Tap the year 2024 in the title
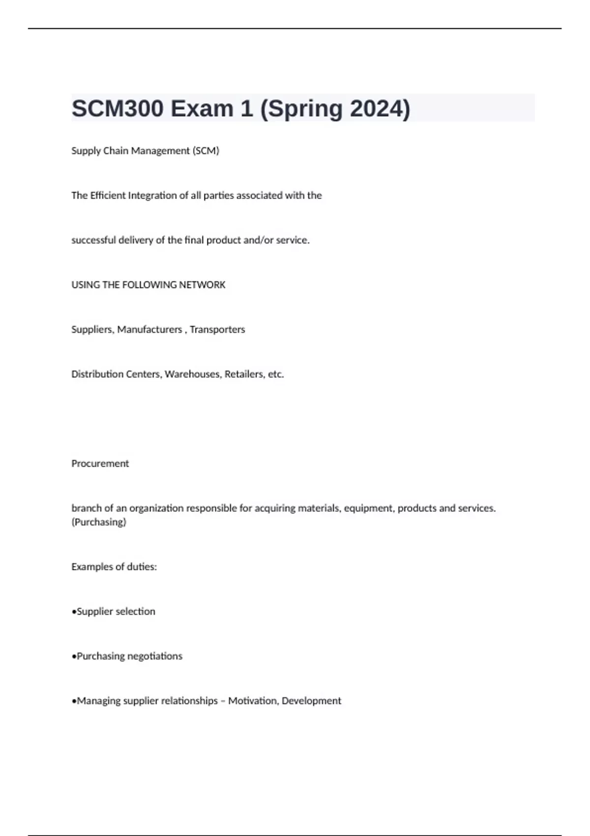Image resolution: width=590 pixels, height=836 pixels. (x=379, y=109)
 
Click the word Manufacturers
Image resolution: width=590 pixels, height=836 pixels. (x=149, y=329)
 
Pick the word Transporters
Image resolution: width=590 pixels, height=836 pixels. (x=217, y=329)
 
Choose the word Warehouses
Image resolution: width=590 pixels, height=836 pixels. (x=193, y=374)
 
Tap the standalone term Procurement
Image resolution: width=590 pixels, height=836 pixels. (x=100, y=464)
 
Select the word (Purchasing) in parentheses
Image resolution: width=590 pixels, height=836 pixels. (x=99, y=522)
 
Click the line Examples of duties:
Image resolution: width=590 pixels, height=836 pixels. (x=114, y=567)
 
